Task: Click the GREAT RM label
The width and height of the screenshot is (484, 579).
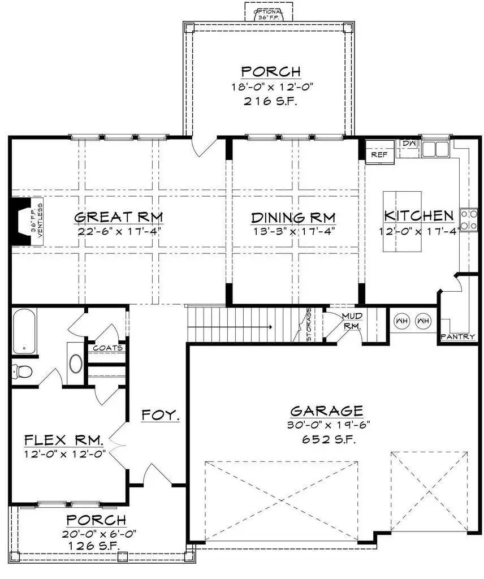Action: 119,217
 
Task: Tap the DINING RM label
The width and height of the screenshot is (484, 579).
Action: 293,217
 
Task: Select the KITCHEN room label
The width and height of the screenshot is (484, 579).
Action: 418,215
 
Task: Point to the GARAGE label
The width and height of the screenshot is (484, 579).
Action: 326,411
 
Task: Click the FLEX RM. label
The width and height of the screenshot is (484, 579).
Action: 64,439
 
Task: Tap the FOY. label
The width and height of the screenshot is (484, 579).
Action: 161,415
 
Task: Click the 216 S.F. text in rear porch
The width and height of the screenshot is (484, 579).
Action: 270,102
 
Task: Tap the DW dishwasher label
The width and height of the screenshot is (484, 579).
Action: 408,145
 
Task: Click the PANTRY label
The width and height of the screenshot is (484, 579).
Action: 457,336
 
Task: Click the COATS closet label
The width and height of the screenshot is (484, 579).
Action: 108,348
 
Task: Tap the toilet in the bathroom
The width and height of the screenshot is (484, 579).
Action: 21,371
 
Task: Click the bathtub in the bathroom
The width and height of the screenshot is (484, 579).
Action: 23,331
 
